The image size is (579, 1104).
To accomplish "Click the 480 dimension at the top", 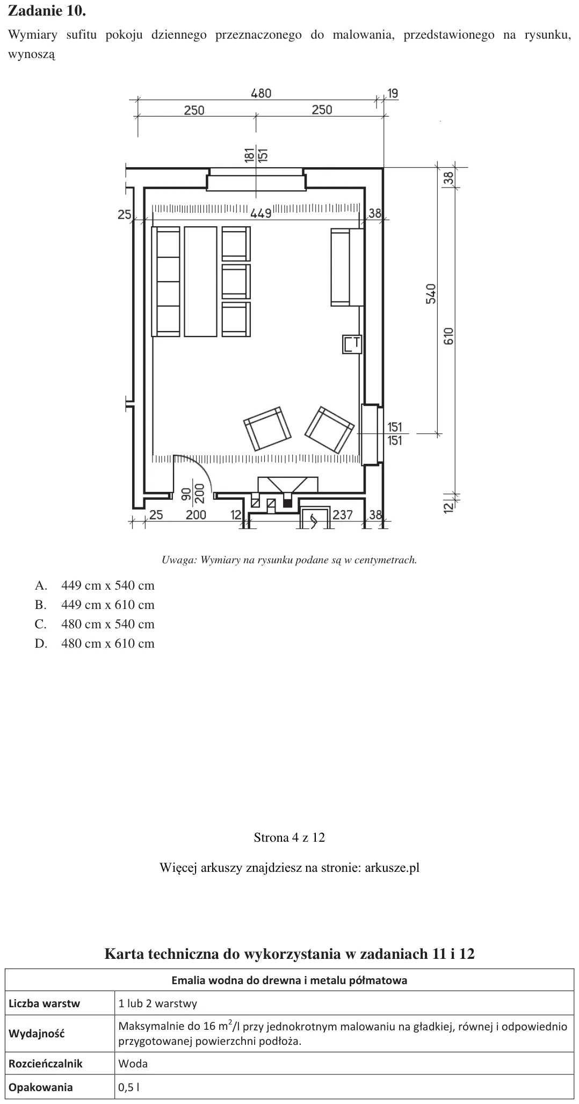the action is pos(261,93).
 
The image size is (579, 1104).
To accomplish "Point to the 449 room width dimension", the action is pos(260,213).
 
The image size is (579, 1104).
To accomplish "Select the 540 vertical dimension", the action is pos(431,293).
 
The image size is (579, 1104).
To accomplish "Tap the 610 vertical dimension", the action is pos(449,336).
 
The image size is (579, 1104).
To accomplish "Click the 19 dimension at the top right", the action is pos(393,94).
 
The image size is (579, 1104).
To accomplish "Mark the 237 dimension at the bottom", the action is pos(343,515).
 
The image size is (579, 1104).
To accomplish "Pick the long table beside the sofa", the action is pos(201,282).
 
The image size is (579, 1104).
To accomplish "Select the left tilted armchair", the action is pos(267,428).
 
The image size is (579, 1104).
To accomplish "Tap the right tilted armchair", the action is pos(329,430).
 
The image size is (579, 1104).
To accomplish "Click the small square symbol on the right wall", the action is pos(352,344).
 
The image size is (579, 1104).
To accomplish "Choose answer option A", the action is pos(95,585).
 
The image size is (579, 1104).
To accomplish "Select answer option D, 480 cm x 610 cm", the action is pos(95,643).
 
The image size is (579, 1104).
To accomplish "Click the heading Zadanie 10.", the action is pos(47,11).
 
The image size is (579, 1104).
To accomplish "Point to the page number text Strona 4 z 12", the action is pos(289,837).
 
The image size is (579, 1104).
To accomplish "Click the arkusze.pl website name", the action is pos(392,868).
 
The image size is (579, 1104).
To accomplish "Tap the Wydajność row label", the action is pos(37,1033).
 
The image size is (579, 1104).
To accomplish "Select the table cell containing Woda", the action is pos(344,1063).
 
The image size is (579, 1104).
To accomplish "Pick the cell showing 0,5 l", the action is pos(344,1087).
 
